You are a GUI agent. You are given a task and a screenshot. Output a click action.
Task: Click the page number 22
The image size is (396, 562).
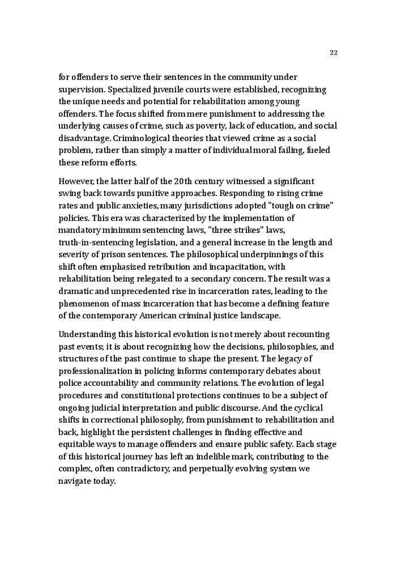pyautogui.click(x=333, y=53)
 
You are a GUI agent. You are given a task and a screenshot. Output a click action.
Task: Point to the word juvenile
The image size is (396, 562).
pyautogui.click(x=173, y=90)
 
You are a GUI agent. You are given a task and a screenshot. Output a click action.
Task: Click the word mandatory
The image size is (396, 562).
pyautogui.click(x=79, y=230)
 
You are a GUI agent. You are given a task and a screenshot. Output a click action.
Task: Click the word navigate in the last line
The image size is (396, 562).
pyautogui.click(x=75, y=481)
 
